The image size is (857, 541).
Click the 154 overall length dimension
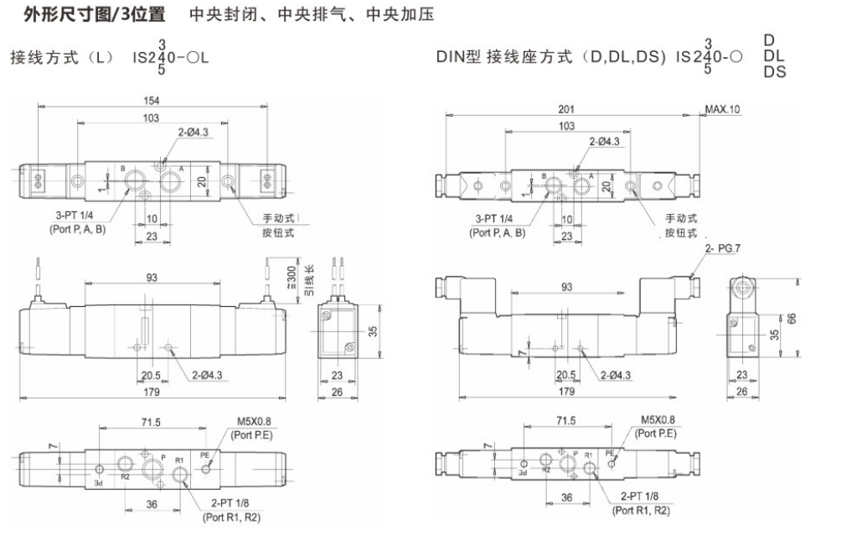(x=151, y=101)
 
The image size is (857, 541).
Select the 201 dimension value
(x=566, y=108)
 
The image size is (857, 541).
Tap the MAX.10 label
(x=722, y=109)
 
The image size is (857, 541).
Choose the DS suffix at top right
(x=774, y=73)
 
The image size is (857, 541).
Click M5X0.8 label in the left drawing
(x=244, y=422)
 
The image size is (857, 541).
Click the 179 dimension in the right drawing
(x=566, y=391)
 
